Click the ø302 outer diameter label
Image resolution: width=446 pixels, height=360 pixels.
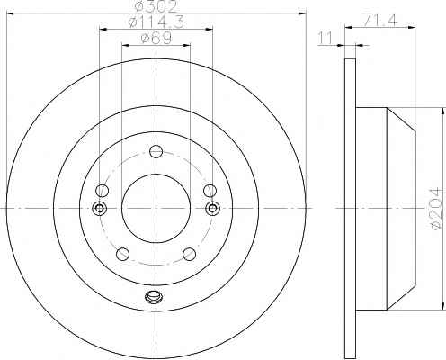click(x=156, y=7)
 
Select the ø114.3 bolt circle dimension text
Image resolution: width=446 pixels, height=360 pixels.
click(x=156, y=22)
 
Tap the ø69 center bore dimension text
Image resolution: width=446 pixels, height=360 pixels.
click(x=156, y=39)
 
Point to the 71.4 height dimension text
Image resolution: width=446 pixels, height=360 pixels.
click(x=380, y=21)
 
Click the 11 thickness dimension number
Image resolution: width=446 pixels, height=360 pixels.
click(x=326, y=39)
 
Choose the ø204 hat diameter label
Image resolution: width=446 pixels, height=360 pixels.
click(x=435, y=209)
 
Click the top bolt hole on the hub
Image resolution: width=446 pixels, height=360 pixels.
click(x=156, y=151)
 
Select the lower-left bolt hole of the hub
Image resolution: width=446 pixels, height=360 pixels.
click(x=122, y=254)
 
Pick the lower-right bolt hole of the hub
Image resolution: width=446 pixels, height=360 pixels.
click(x=190, y=254)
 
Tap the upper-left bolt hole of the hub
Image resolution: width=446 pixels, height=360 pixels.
click(x=103, y=191)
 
